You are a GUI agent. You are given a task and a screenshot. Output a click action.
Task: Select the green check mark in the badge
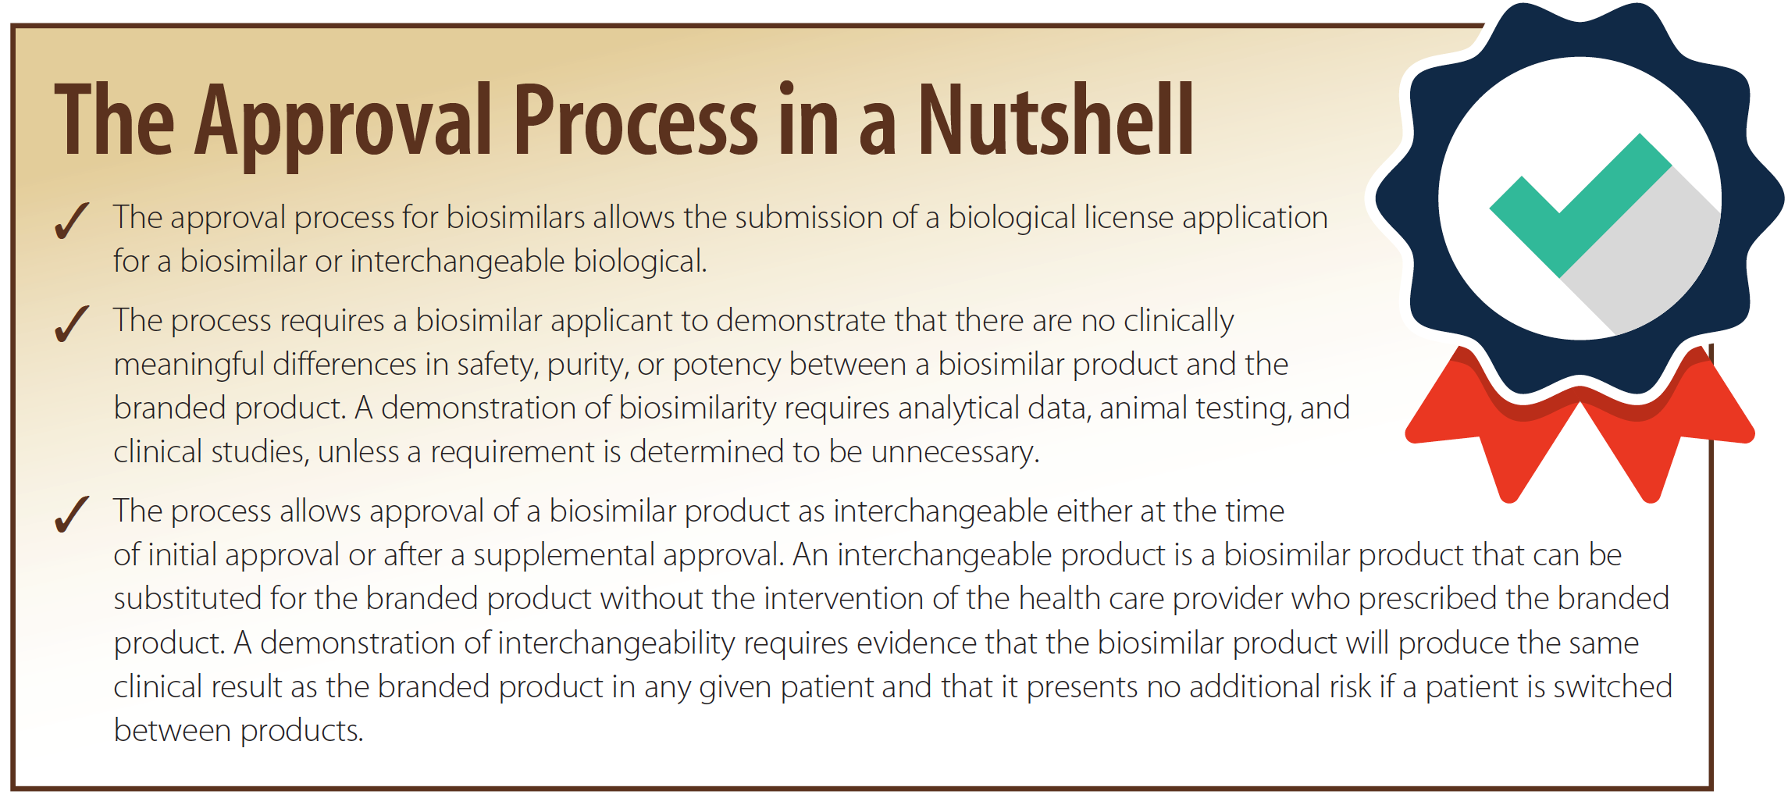pos(1580,205)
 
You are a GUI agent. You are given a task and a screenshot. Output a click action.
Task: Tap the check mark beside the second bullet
pos(72,323)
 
